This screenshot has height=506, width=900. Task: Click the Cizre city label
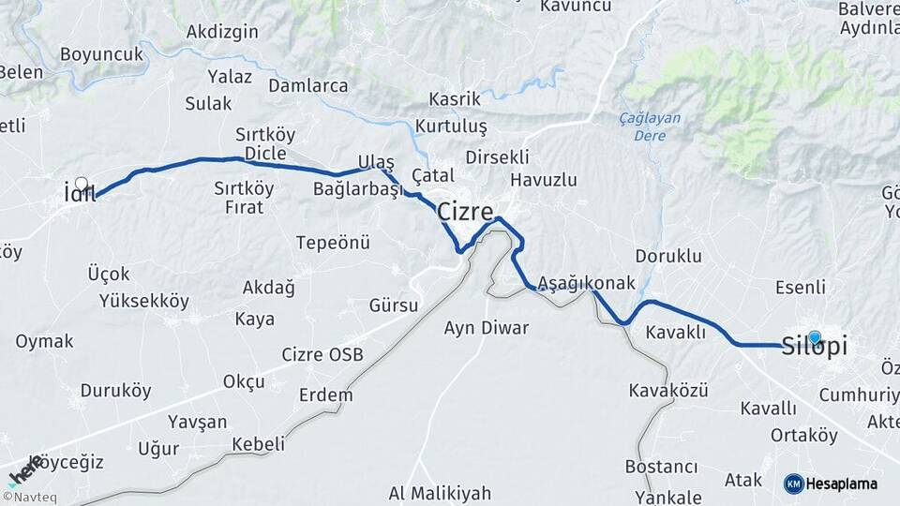pos(466,212)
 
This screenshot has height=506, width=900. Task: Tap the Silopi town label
pos(815,347)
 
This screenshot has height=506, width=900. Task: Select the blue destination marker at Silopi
pos(814,337)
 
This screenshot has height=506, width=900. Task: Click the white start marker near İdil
pos(82,185)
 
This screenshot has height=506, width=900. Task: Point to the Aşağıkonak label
pos(587,283)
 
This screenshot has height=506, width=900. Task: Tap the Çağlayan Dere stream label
pos(651,126)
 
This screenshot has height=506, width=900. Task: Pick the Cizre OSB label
pos(322,355)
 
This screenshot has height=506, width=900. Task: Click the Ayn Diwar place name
pos(487,328)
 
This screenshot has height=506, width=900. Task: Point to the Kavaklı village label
pos(675,333)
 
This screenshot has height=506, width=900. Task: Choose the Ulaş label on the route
pos(376,162)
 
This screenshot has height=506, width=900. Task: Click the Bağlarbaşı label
pos(357,189)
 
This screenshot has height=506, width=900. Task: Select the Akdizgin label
pos(222,32)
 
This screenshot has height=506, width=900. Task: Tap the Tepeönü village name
pos(333,243)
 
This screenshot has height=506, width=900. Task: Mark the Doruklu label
pos(668,255)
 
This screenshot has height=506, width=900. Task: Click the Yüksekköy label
pos(144,301)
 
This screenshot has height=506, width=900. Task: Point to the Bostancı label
pos(663,467)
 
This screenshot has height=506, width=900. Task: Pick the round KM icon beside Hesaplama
pos(793,484)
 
